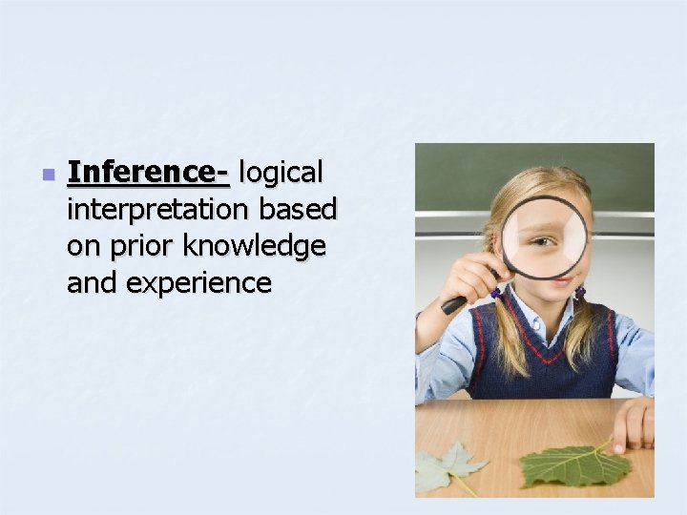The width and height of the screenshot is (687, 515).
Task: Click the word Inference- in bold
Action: click(x=149, y=174)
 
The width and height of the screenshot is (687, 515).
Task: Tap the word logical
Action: click(x=282, y=174)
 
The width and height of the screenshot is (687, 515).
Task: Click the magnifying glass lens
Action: click(x=545, y=237)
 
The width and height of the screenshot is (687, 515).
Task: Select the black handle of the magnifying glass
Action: click(x=454, y=304)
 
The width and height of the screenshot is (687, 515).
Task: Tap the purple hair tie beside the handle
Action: click(x=495, y=293)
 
